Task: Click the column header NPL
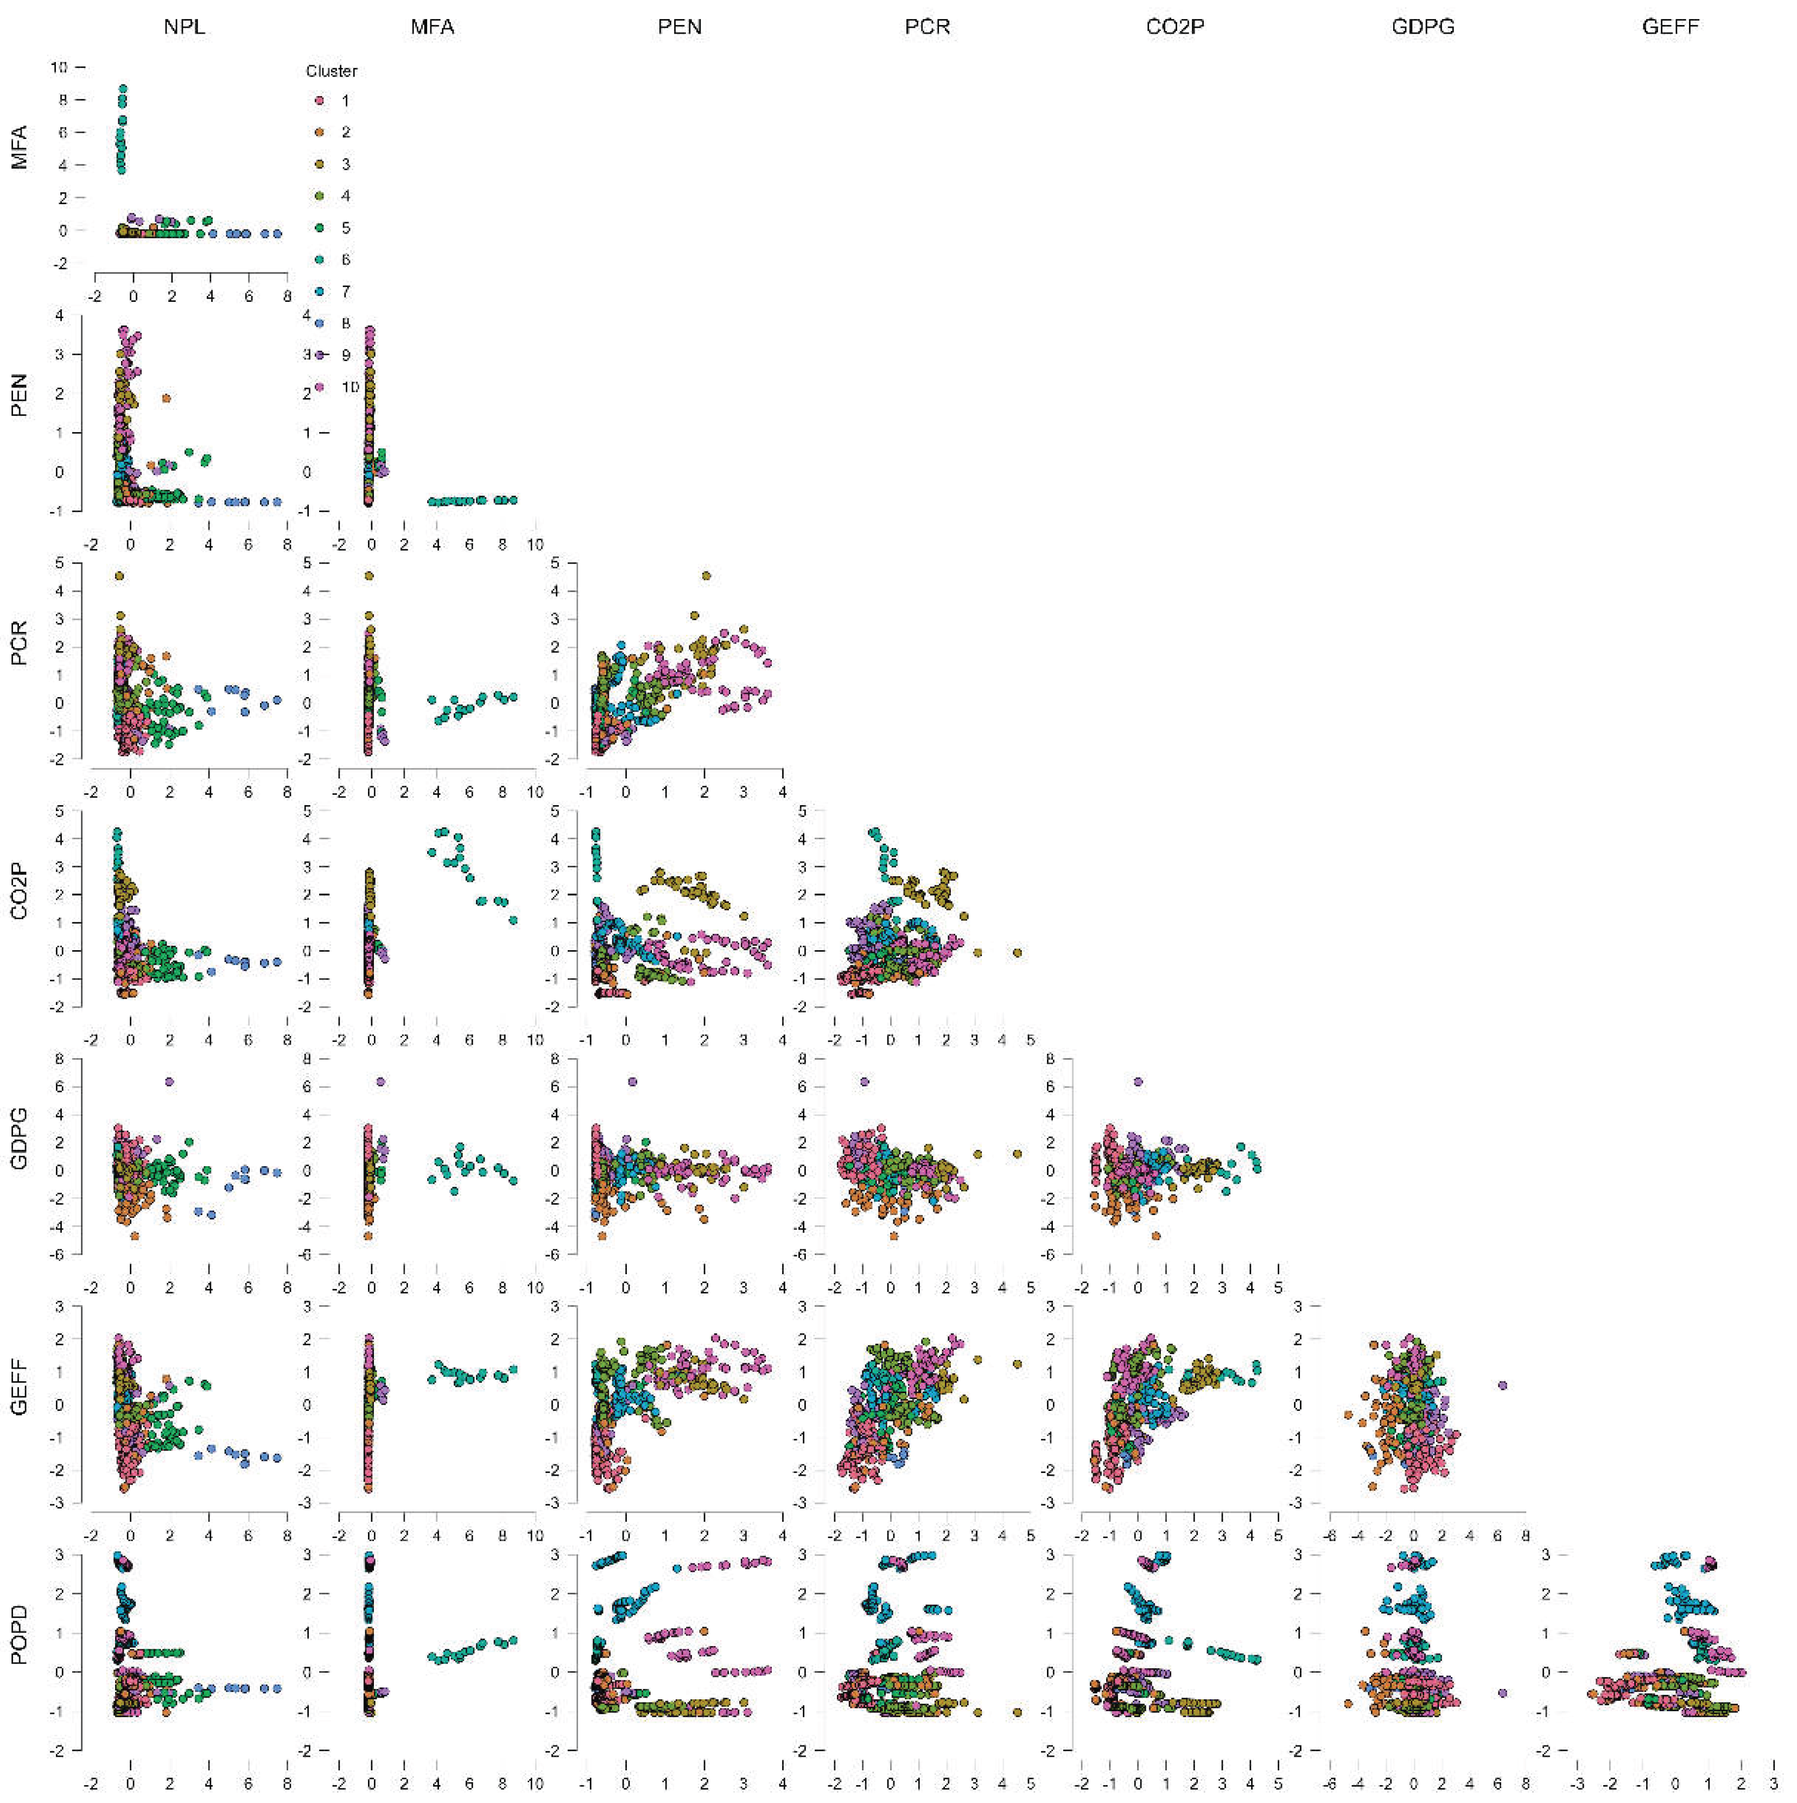pos(184,27)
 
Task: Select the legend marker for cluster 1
pos(319,101)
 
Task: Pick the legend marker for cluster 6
pos(319,260)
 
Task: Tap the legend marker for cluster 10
pos(319,387)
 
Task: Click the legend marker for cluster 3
pos(319,165)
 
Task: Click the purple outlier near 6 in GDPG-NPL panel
pos(169,1081)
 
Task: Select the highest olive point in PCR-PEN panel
pos(706,576)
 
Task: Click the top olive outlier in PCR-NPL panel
pos(119,576)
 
